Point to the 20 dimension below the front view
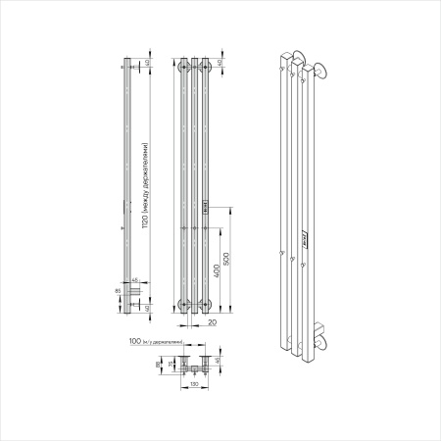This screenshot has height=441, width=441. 212,320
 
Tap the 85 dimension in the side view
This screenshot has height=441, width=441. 118,290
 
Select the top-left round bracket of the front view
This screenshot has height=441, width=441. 183,68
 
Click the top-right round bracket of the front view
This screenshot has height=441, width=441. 207,68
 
